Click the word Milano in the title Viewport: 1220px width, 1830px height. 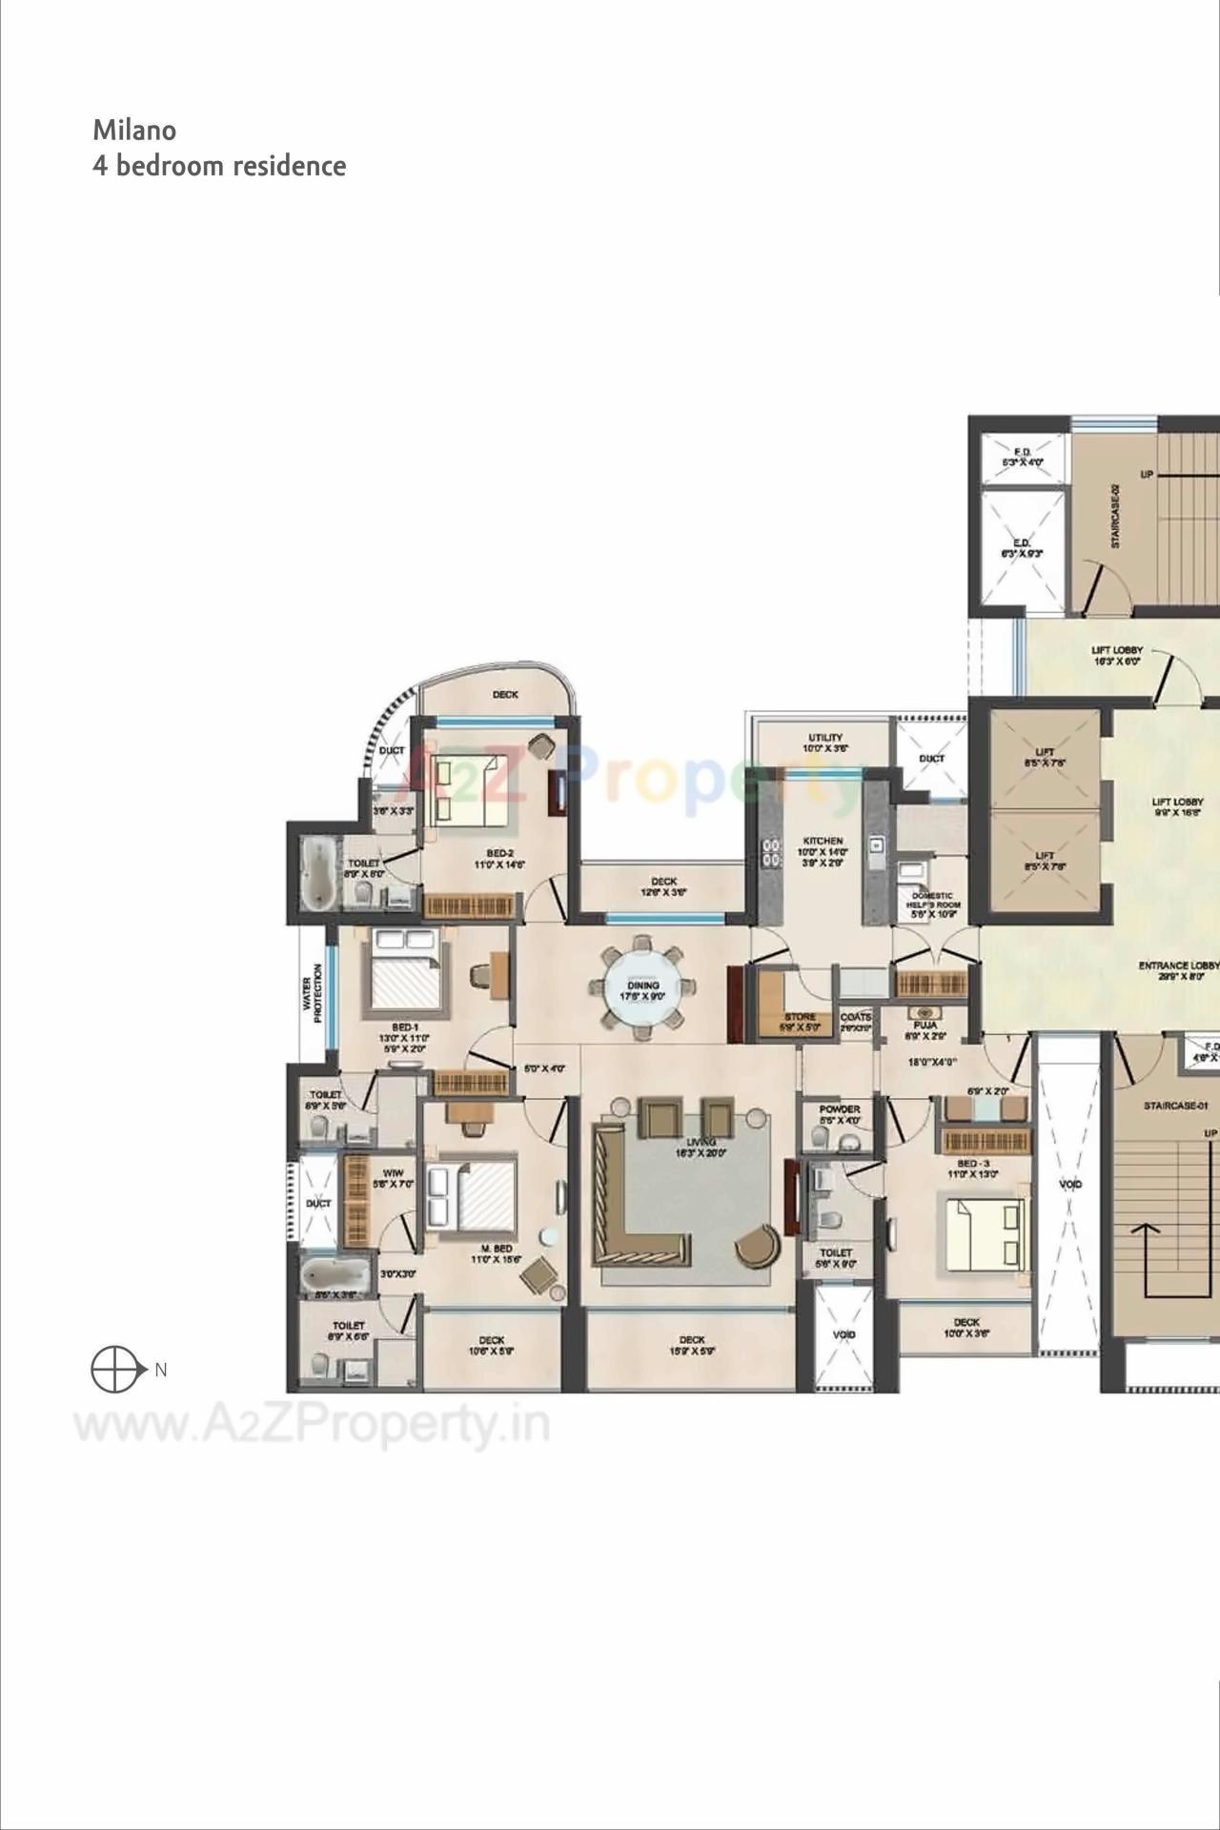(x=134, y=130)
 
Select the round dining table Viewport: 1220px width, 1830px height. (x=643, y=987)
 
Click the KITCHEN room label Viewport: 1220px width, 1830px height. (x=823, y=841)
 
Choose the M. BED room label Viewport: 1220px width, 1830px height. (x=497, y=1248)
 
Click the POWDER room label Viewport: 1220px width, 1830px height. (x=840, y=1109)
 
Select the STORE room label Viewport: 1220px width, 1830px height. (x=800, y=1017)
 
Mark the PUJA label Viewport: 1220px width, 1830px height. (x=925, y=1026)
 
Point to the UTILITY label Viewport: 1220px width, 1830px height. (x=825, y=738)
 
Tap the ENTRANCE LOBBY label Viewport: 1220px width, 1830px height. (x=1178, y=966)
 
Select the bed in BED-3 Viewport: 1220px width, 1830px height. (x=986, y=1234)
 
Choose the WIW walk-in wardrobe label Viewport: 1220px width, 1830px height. (x=393, y=1172)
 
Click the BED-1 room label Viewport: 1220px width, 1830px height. (x=405, y=1027)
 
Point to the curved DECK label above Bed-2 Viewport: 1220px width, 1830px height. (x=505, y=695)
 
